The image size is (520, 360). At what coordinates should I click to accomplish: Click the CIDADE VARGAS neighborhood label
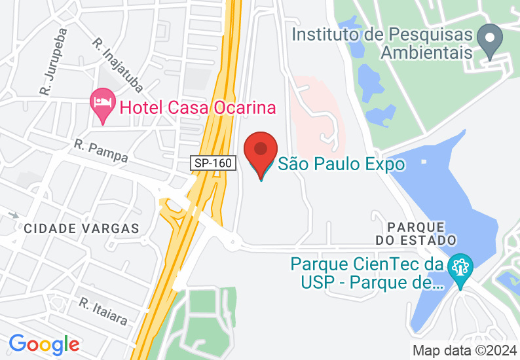[82, 228]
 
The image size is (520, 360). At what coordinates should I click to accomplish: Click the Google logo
[44, 344]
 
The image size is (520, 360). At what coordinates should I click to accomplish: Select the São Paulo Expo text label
[341, 164]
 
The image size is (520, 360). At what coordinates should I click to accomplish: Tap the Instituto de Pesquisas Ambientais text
[382, 43]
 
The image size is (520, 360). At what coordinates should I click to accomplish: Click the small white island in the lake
[424, 161]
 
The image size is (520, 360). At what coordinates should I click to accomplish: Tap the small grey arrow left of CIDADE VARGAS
[13, 214]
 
